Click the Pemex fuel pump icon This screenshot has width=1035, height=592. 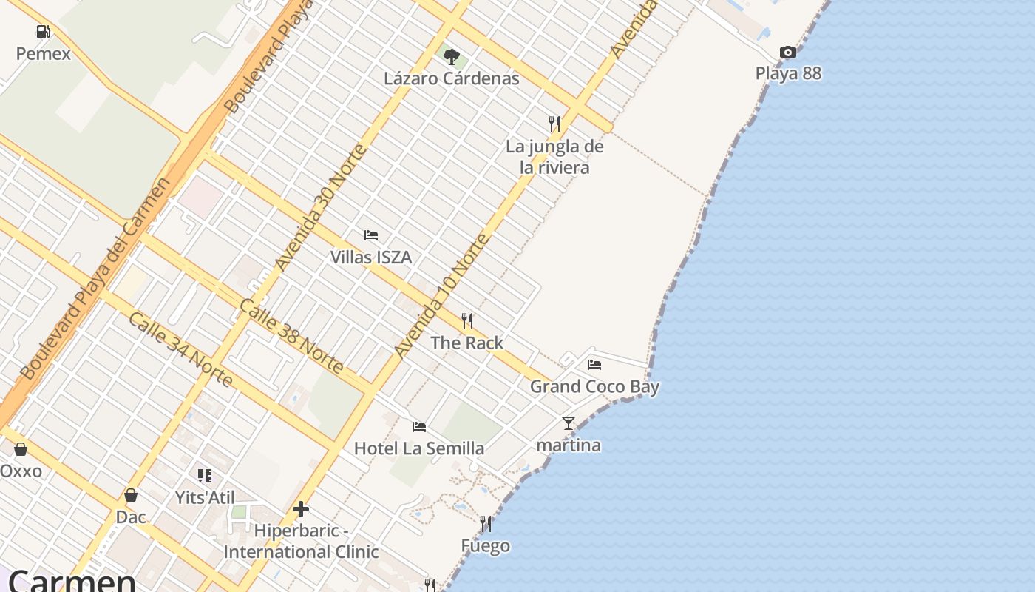44,32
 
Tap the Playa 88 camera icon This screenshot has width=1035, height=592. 788,53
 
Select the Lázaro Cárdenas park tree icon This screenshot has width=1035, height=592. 451,57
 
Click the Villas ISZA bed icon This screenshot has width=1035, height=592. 371,236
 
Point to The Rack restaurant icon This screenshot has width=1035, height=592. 467,321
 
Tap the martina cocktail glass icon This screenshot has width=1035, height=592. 569,423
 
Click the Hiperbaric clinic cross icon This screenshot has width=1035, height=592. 301,509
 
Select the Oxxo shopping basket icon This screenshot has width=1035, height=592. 21,449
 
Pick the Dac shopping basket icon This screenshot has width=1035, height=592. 131,495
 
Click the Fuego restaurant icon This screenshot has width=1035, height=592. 486,524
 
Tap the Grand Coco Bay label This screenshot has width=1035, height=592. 594,386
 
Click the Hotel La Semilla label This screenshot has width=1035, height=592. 419,448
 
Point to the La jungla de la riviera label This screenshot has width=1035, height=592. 554,157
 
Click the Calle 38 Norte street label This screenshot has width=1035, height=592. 291,336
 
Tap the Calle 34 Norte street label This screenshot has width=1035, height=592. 180,349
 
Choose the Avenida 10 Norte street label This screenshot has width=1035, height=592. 441,296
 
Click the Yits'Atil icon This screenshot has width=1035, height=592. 205,476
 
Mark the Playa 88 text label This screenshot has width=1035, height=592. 788,73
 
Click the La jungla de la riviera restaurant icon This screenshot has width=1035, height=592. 554,124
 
